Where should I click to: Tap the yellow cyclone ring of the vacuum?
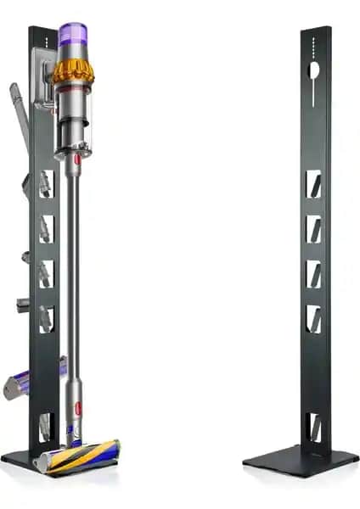(x=73, y=71)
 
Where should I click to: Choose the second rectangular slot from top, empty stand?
(x=313, y=228)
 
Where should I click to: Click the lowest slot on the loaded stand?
(x=46, y=425)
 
